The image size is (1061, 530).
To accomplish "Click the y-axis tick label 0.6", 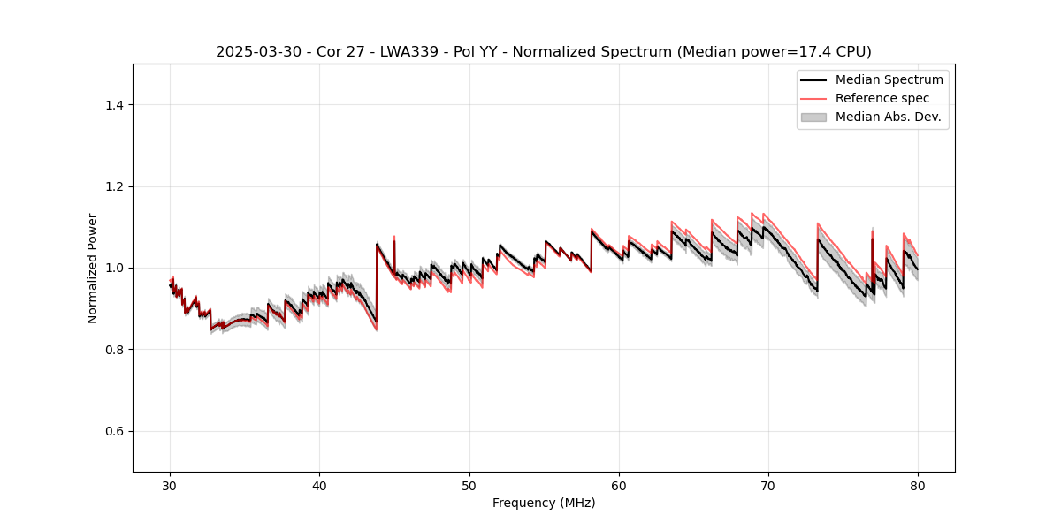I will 114,431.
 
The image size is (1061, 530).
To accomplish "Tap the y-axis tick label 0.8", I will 114,350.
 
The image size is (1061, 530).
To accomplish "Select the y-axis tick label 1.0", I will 114,268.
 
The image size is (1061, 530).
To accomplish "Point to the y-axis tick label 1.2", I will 114,186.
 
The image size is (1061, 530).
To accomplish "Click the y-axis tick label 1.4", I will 114,105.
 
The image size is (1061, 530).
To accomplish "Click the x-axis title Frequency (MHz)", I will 544,503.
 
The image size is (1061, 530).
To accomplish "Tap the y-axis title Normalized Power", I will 92,268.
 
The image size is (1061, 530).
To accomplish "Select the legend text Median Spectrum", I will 889,79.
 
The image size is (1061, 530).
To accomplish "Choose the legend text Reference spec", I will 882,98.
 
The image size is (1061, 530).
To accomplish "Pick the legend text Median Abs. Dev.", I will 888,117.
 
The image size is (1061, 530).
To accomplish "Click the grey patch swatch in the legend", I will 813,117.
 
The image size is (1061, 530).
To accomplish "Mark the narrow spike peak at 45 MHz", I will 394,237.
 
